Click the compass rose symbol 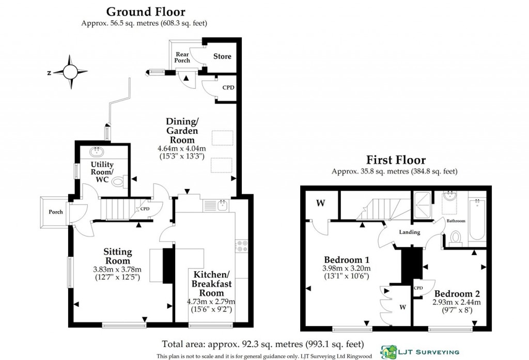[70, 71]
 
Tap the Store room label [222, 56]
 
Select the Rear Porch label [182, 57]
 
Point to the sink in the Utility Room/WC [98, 151]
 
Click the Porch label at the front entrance [56, 212]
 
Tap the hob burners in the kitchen [241, 246]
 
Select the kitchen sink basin [222, 205]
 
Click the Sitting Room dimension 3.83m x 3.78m [117, 269]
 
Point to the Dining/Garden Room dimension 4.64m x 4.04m [182, 148]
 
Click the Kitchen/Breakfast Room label [211, 284]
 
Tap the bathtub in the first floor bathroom [477, 220]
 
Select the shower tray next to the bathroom [423, 205]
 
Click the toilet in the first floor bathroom [456, 238]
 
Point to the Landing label [410, 232]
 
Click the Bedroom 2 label [457, 293]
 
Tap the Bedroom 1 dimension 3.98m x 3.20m [347, 269]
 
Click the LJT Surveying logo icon [388, 352]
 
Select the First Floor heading [396, 160]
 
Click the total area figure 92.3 [249, 344]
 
